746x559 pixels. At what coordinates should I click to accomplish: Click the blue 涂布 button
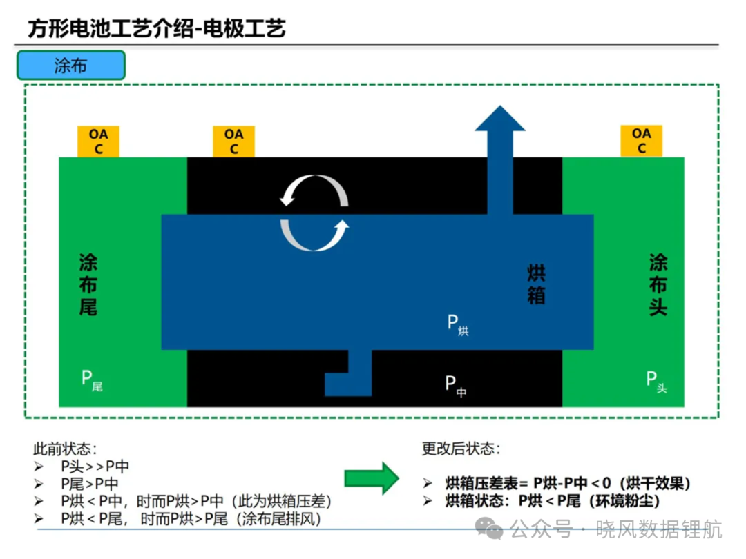click(71, 65)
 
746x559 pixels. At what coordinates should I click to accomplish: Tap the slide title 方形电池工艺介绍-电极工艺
click(157, 28)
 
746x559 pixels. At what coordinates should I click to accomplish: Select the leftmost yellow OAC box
click(98, 141)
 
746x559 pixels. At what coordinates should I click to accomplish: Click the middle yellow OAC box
click(233, 141)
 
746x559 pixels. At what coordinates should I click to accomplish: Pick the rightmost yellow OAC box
click(641, 141)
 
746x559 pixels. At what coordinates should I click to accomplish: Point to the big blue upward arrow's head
click(500, 118)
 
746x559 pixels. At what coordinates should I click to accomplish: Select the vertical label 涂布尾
click(88, 284)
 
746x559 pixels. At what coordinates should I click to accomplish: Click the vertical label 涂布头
click(658, 284)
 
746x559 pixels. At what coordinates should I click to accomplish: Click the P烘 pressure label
click(458, 324)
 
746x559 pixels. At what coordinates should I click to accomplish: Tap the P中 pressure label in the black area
click(456, 386)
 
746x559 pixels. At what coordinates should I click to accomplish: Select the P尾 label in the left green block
click(92, 380)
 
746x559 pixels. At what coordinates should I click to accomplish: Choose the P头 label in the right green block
click(657, 382)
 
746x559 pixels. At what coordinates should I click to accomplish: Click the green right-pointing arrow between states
click(372, 478)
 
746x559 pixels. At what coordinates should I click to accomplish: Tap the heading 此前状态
click(65, 449)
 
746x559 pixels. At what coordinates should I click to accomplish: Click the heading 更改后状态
click(461, 449)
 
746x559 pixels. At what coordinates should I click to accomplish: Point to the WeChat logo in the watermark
click(488, 528)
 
